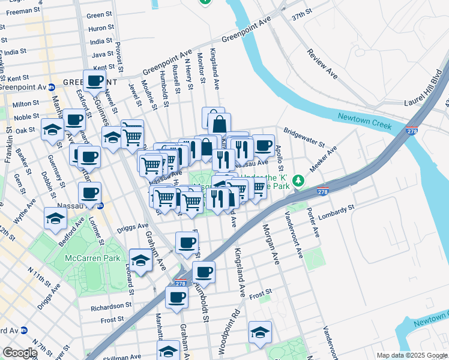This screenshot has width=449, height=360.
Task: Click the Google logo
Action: (x=20, y=353)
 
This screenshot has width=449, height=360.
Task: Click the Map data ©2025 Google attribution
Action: (x=412, y=355)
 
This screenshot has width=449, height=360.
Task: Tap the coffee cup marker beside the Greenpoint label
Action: (x=94, y=80)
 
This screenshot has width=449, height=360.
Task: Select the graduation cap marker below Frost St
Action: (x=260, y=331)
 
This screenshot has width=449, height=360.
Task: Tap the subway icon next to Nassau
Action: (x=101, y=205)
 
